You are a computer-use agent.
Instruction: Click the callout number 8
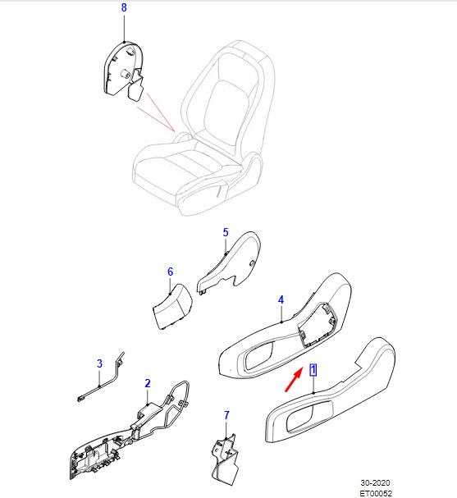pyautogui.click(x=124, y=7)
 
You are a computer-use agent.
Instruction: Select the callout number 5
pyautogui.click(x=226, y=232)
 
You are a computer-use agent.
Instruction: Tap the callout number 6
pyautogui.click(x=170, y=272)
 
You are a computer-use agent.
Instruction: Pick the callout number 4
pyautogui.click(x=281, y=299)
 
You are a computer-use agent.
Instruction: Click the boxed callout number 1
pyautogui.click(x=313, y=370)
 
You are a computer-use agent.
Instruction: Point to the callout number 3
pyautogui.click(x=100, y=363)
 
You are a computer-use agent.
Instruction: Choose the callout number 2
pyautogui.click(x=148, y=383)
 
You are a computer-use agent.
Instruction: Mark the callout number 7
pyautogui.click(x=226, y=415)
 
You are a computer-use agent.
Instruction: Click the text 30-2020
pyautogui.click(x=375, y=482)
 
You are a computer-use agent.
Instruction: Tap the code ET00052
pyautogui.click(x=376, y=493)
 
